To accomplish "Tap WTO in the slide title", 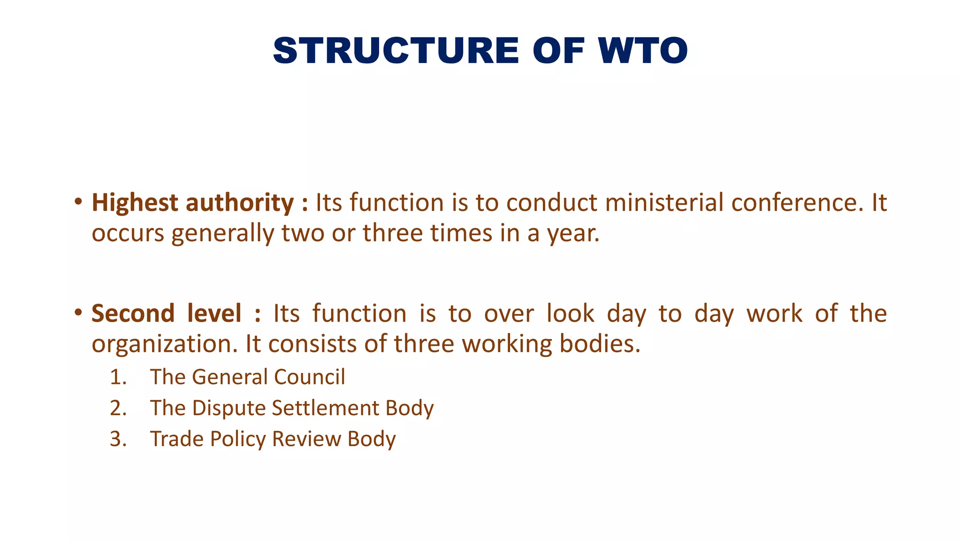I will click(x=643, y=51).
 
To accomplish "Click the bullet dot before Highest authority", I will click(x=78, y=202).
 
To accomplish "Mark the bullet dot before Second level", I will click(x=78, y=313).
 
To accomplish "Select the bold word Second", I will click(x=133, y=313).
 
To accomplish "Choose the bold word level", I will click(x=214, y=313).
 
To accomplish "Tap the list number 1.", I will click(x=118, y=377).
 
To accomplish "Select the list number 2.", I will click(x=118, y=408).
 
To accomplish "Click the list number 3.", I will click(x=118, y=439).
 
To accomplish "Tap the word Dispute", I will click(x=229, y=408).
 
